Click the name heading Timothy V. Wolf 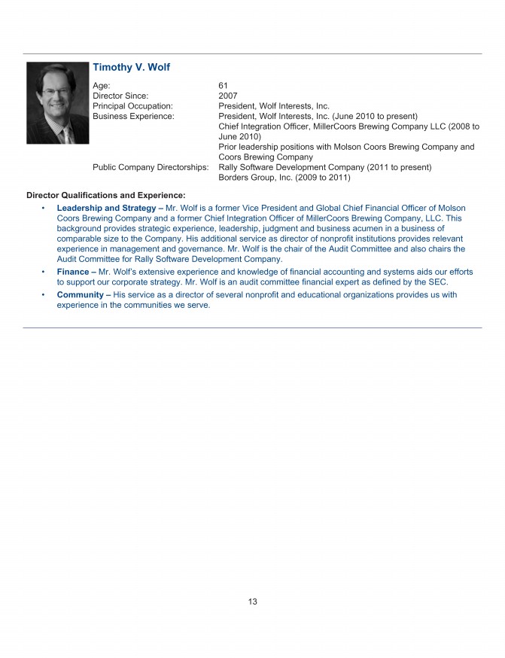click(x=131, y=68)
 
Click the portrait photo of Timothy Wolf click(x=57, y=103)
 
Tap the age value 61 click(x=223, y=86)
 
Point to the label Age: click(x=102, y=86)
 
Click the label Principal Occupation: click(x=132, y=106)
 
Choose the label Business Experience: click(x=132, y=117)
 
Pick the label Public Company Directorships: click(x=151, y=167)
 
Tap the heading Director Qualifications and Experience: click(x=105, y=196)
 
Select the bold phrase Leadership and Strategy click(x=106, y=208)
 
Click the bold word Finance click(x=73, y=272)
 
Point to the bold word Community click(x=81, y=295)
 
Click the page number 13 click(x=252, y=602)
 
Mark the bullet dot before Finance click(x=44, y=272)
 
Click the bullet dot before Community click(x=44, y=295)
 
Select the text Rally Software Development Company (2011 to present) click(x=324, y=167)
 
